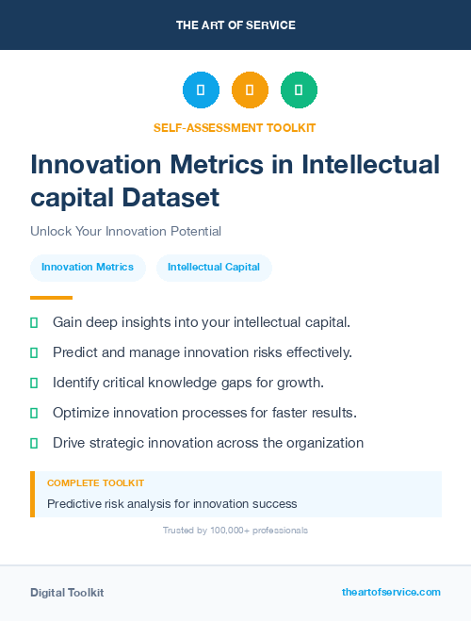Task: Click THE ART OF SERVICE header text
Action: point(235,25)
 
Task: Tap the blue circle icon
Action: point(201,90)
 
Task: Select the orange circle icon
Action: point(250,90)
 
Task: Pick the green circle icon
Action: point(299,90)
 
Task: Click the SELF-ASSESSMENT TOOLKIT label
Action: point(235,127)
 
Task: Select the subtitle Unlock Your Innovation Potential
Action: point(125,231)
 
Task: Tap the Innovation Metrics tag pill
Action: point(88,268)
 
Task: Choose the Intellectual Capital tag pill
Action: point(214,268)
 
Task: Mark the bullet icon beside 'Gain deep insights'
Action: point(34,322)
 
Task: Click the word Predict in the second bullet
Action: point(75,352)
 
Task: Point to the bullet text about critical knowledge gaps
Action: point(188,383)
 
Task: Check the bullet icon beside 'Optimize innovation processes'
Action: point(34,413)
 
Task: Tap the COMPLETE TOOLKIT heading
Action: point(95,482)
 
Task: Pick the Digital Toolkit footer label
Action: point(67,593)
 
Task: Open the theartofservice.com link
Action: point(391,592)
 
